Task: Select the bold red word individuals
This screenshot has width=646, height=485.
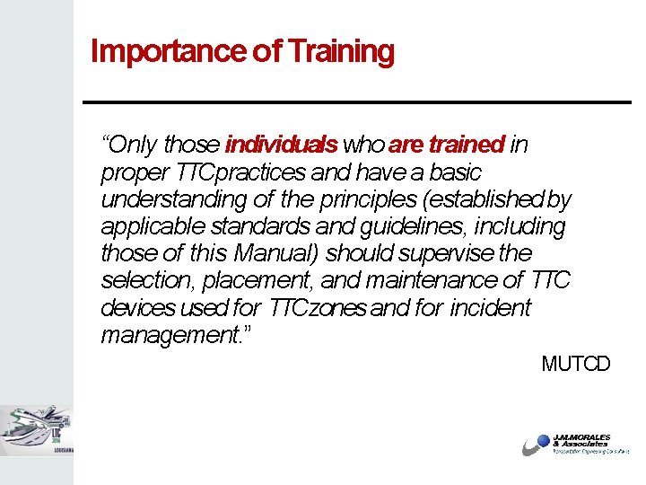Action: coord(281,145)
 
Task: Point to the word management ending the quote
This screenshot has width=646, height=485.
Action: coord(167,336)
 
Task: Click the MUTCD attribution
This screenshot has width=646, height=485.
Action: coord(575,364)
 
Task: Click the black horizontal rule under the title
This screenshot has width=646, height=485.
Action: coord(356,101)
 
